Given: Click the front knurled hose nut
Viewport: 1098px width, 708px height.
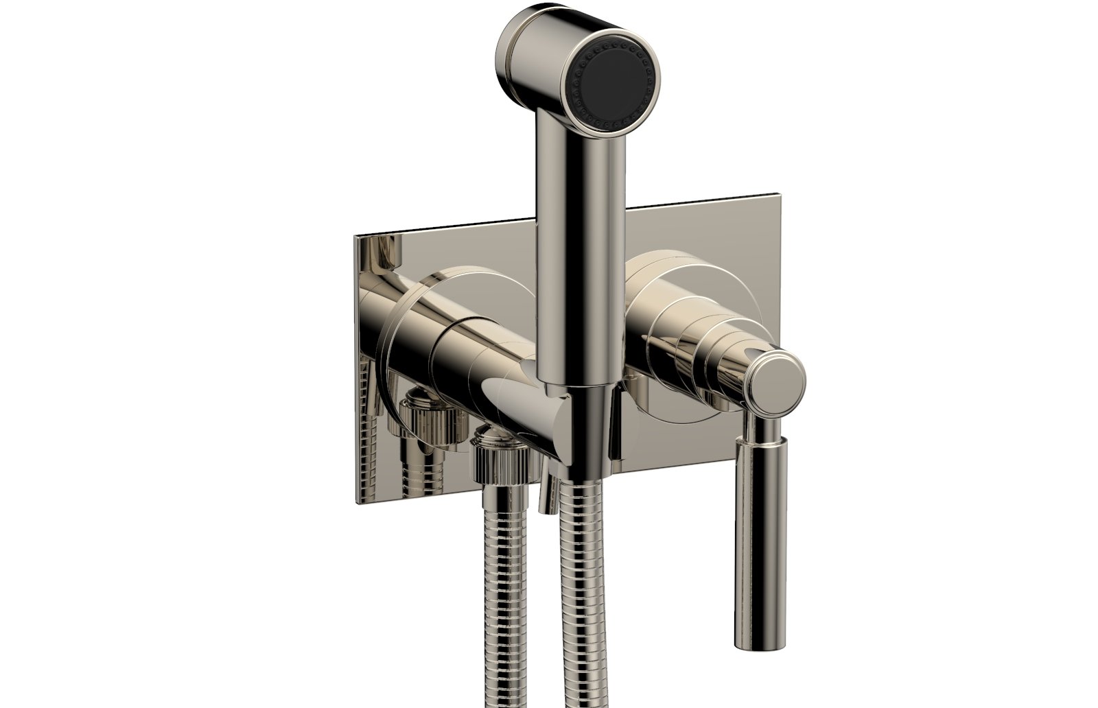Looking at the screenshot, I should point(502,466).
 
